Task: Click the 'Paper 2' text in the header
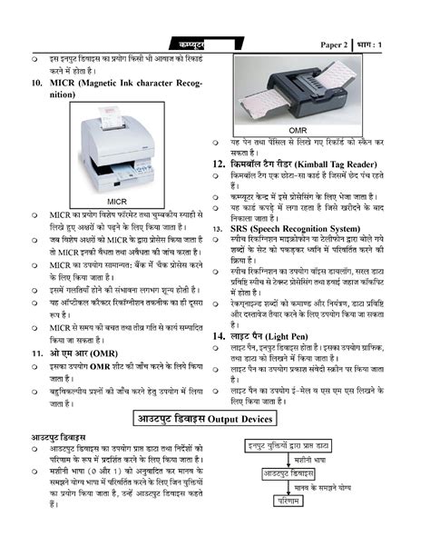click(x=333, y=45)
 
